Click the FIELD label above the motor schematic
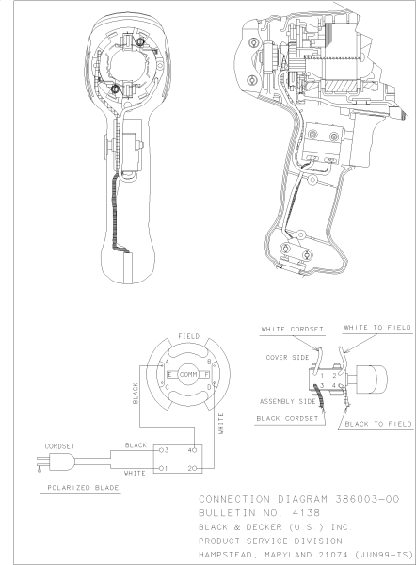tap(188, 336)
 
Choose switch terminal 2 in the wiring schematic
tap(190, 467)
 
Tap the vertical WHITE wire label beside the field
tap(221, 421)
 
